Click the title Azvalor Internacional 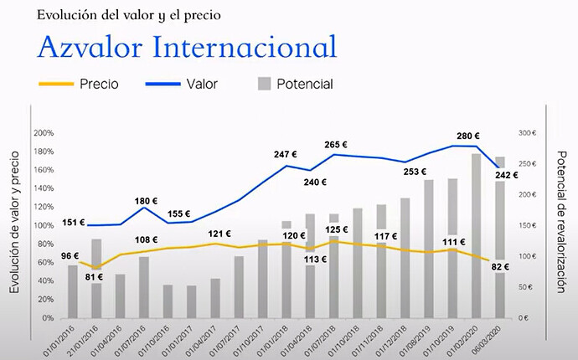[x=187, y=46]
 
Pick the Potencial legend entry [x=296, y=84]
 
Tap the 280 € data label [x=467, y=136]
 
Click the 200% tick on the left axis [x=44, y=133]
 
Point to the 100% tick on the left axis [x=44, y=226]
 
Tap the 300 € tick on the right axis [x=526, y=133]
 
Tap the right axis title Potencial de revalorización [x=562, y=221]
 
